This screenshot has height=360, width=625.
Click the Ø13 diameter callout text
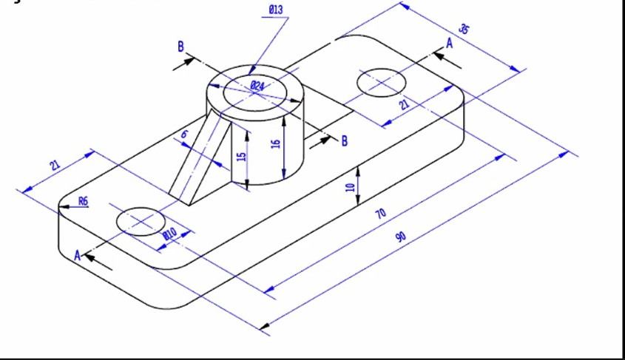pyautogui.click(x=276, y=9)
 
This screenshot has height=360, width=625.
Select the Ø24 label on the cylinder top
pyautogui.click(x=257, y=86)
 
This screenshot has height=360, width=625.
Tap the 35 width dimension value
pyautogui.click(x=464, y=30)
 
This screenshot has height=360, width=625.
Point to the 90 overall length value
pyautogui.click(x=401, y=237)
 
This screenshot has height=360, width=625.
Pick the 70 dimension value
pyautogui.click(x=380, y=214)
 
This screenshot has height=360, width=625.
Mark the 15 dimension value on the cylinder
pyautogui.click(x=240, y=157)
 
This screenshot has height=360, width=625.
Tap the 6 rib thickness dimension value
pyautogui.click(x=184, y=134)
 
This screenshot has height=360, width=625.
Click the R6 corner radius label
pyautogui.click(x=83, y=200)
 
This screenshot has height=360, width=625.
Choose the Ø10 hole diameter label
pyautogui.click(x=169, y=234)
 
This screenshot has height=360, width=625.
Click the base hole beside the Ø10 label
pyautogui.click(x=140, y=221)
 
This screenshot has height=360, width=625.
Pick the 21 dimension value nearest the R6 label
pyautogui.click(x=55, y=165)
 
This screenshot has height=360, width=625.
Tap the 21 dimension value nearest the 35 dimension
pyautogui.click(x=404, y=105)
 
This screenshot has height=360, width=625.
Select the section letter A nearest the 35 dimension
pyautogui.click(x=447, y=44)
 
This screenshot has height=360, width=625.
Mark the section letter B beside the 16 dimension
pyautogui.click(x=343, y=140)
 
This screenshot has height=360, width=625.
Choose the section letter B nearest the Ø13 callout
pyautogui.click(x=180, y=47)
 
